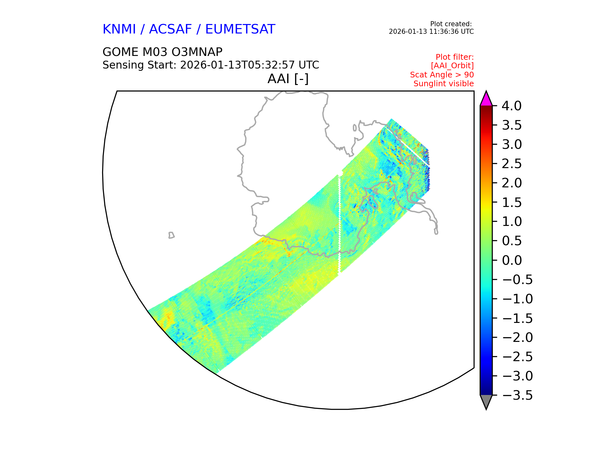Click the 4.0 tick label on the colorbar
(512, 106)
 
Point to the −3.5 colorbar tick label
(517, 395)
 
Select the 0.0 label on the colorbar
(512, 260)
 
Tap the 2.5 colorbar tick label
(512, 164)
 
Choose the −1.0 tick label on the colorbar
(517, 299)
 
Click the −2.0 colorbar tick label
(517, 337)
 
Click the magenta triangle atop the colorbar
(486, 99)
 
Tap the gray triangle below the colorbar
(486, 401)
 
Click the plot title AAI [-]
(288, 79)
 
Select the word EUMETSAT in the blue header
(240, 29)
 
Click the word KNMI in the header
(119, 29)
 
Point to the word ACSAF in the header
(170, 29)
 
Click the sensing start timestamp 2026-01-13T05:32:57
(238, 65)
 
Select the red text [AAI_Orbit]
(452, 66)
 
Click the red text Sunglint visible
(443, 84)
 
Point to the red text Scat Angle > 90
(442, 75)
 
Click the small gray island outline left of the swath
(171, 235)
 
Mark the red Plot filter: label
(454, 57)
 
